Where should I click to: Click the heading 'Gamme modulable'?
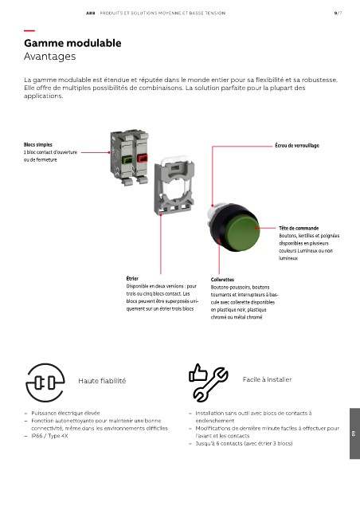click(x=72, y=43)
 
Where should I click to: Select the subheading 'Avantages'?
click(x=49, y=57)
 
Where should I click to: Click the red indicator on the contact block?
click(x=143, y=159)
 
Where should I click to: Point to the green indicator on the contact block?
click(x=127, y=159)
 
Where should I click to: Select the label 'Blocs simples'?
click(x=37, y=145)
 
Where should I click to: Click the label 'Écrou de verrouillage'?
click(x=297, y=145)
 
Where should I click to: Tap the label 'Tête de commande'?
click(x=299, y=228)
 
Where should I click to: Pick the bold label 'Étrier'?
click(x=132, y=278)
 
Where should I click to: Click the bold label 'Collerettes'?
click(x=222, y=280)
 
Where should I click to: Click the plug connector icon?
click(x=45, y=382)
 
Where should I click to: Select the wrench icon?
click(x=211, y=384)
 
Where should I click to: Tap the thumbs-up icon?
click(x=198, y=373)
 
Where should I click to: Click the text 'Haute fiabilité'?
click(x=102, y=381)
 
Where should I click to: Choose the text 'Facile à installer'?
click(x=267, y=379)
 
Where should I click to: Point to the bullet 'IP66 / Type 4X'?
click(x=49, y=436)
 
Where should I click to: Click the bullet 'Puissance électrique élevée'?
click(x=65, y=413)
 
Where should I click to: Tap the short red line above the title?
click(x=29, y=30)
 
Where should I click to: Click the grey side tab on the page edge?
click(x=354, y=433)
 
